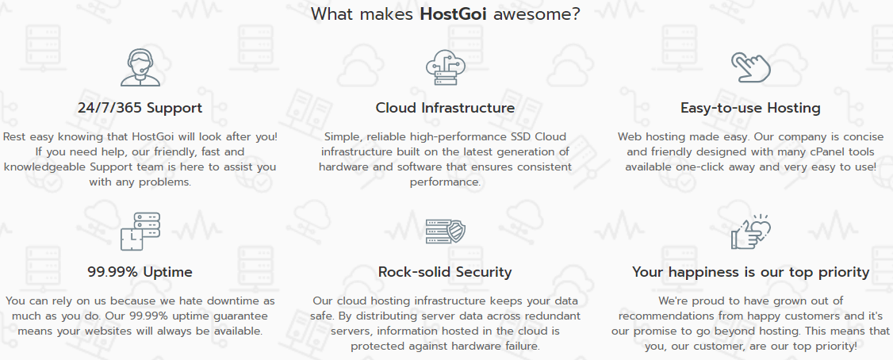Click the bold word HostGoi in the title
click(x=454, y=13)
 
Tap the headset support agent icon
click(x=140, y=67)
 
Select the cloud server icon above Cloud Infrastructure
click(x=446, y=67)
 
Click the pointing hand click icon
click(x=750, y=67)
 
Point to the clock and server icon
click(x=140, y=232)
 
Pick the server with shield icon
click(x=446, y=232)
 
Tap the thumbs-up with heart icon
click(x=750, y=232)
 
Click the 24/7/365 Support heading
click(x=140, y=108)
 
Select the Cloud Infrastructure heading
click(x=446, y=108)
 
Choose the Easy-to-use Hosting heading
click(x=750, y=108)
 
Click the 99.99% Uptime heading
click(x=140, y=272)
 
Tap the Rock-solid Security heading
click(x=446, y=272)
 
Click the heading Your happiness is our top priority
click(x=750, y=272)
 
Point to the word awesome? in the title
click(x=536, y=13)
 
